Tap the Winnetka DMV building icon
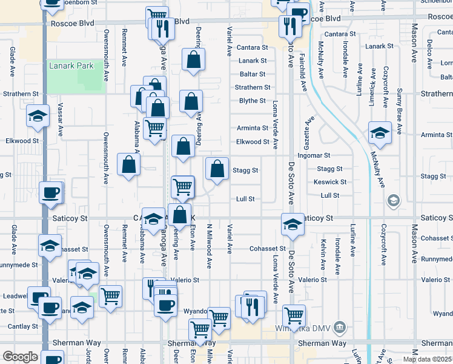pos(340,328)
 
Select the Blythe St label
pos(253,101)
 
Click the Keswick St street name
pos(330,182)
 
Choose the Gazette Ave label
pos(312,130)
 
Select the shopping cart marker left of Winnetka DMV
pos(294,315)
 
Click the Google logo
pos(19,357)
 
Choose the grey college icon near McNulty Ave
pos(393,200)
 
